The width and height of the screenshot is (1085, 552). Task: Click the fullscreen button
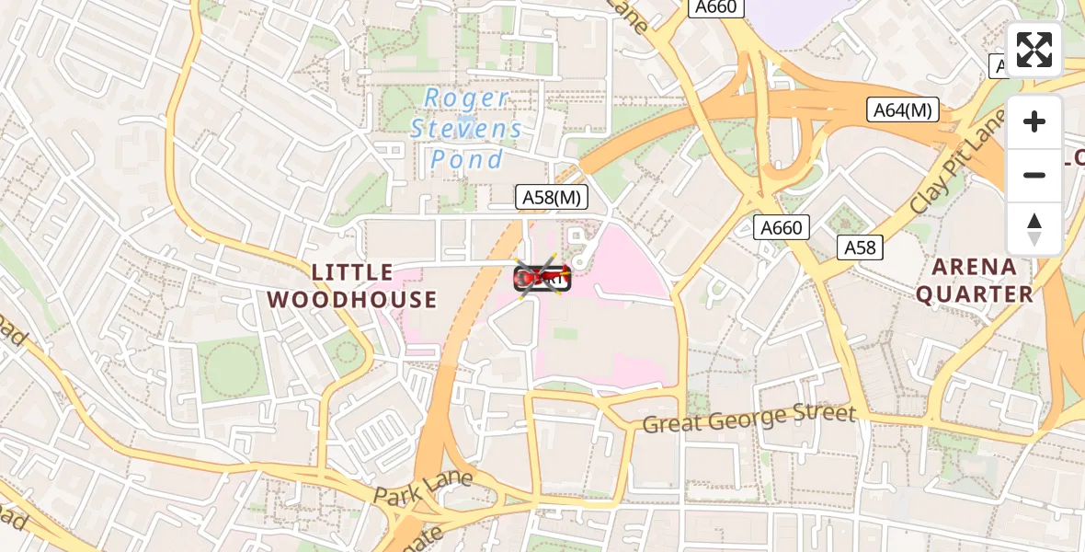pos(1034,50)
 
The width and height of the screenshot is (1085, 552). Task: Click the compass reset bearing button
pos(1034,228)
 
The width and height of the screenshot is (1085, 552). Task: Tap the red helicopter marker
pos(542,276)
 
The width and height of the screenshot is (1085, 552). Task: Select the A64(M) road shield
pos(902,110)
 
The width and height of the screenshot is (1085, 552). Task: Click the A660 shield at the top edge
pos(716,7)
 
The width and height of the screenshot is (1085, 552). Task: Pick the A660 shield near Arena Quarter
pos(781,227)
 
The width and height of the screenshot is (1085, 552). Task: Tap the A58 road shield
pos(861,247)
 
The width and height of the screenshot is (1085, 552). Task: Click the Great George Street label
pos(749,419)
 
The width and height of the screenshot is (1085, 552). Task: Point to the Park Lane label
pos(423,487)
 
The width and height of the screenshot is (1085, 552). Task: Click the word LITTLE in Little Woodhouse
pos(353,272)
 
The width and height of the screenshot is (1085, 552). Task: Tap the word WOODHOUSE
pos(352,299)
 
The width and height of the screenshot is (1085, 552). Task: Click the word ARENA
pos(975,267)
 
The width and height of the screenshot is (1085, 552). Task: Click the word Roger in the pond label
pos(466,98)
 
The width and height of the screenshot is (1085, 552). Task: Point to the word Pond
pos(467,159)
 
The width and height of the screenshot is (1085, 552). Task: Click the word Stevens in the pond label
pos(466,129)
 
